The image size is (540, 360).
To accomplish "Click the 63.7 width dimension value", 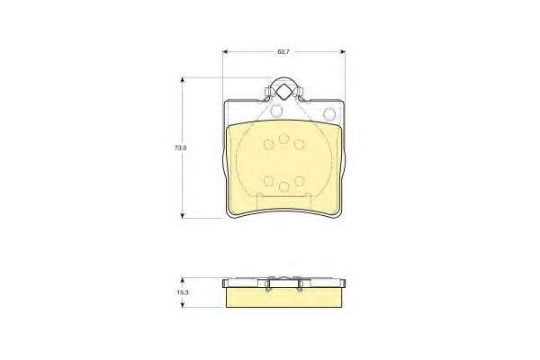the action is point(283,52).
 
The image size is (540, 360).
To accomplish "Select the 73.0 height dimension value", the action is point(181,148).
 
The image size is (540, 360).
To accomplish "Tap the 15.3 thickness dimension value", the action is point(182,292).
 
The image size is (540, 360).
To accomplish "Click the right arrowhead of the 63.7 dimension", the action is point(342,51).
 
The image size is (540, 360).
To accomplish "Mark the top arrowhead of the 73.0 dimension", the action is point(183,80).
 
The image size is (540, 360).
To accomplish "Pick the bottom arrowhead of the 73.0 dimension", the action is point(183,215).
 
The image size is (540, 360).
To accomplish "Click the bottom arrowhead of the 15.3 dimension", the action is point(183,304).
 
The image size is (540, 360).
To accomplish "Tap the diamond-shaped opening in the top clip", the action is point(283,92).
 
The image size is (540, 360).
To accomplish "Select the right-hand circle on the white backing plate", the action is point(329,112).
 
